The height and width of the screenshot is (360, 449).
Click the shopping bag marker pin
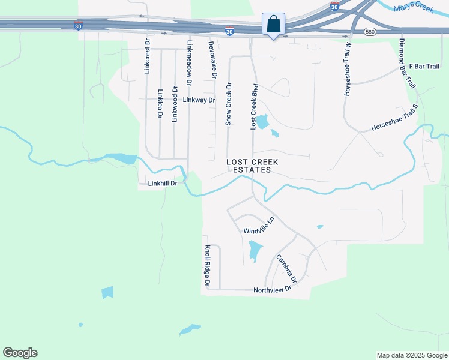click(x=273, y=26)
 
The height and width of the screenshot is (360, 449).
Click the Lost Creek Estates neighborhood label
click(x=249, y=166)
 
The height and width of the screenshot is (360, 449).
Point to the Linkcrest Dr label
click(x=147, y=57)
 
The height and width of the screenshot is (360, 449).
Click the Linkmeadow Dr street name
click(x=190, y=66)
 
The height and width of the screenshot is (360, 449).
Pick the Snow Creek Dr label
click(x=228, y=104)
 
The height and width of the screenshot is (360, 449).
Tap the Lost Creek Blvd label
click(x=254, y=107)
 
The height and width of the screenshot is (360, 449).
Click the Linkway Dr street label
click(x=199, y=100)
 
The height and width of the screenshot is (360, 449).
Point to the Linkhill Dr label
click(x=162, y=184)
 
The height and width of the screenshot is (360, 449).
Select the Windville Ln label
click(x=259, y=226)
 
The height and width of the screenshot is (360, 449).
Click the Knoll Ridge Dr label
click(x=207, y=265)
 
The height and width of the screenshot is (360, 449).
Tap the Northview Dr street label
click(x=272, y=289)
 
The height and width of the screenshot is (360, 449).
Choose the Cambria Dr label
click(x=286, y=269)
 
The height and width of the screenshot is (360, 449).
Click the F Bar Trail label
click(x=424, y=66)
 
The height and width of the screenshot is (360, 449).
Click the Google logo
click(x=20, y=353)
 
